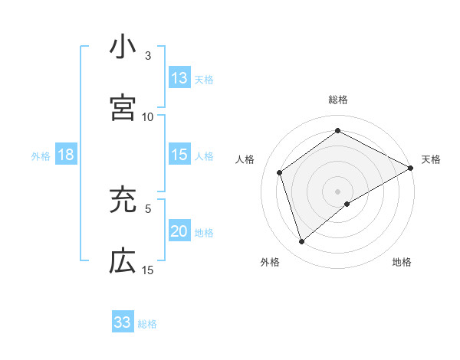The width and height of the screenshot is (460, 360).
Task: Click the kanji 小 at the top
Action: click(x=123, y=47)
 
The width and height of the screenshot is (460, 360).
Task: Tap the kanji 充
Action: click(x=123, y=201)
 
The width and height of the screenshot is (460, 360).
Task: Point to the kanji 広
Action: click(x=123, y=261)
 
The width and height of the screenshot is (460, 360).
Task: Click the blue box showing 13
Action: click(x=179, y=78)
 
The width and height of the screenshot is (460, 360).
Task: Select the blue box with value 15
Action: click(x=179, y=155)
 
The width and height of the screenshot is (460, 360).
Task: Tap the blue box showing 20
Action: click(x=179, y=232)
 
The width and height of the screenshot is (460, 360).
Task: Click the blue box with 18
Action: click(x=66, y=155)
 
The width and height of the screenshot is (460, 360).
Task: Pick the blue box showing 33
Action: click(x=123, y=322)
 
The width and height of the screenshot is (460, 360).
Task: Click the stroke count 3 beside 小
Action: click(x=148, y=56)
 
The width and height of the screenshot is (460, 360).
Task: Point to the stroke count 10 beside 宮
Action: click(x=148, y=116)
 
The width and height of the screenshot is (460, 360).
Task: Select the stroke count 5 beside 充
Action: click(x=148, y=208)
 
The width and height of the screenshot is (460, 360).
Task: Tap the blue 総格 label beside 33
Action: click(x=147, y=324)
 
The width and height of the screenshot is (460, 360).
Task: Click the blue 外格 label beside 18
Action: click(x=41, y=156)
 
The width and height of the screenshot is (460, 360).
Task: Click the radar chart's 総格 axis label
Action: click(x=338, y=100)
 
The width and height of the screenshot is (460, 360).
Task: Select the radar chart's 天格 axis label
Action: click(x=431, y=159)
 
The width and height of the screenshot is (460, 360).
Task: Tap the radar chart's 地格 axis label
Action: click(x=402, y=263)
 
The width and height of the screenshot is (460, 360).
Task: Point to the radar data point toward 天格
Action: click(x=411, y=168)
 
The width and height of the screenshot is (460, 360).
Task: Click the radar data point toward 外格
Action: click(x=302, y=242)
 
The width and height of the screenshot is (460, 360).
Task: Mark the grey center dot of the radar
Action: click(x=338, y=191)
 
